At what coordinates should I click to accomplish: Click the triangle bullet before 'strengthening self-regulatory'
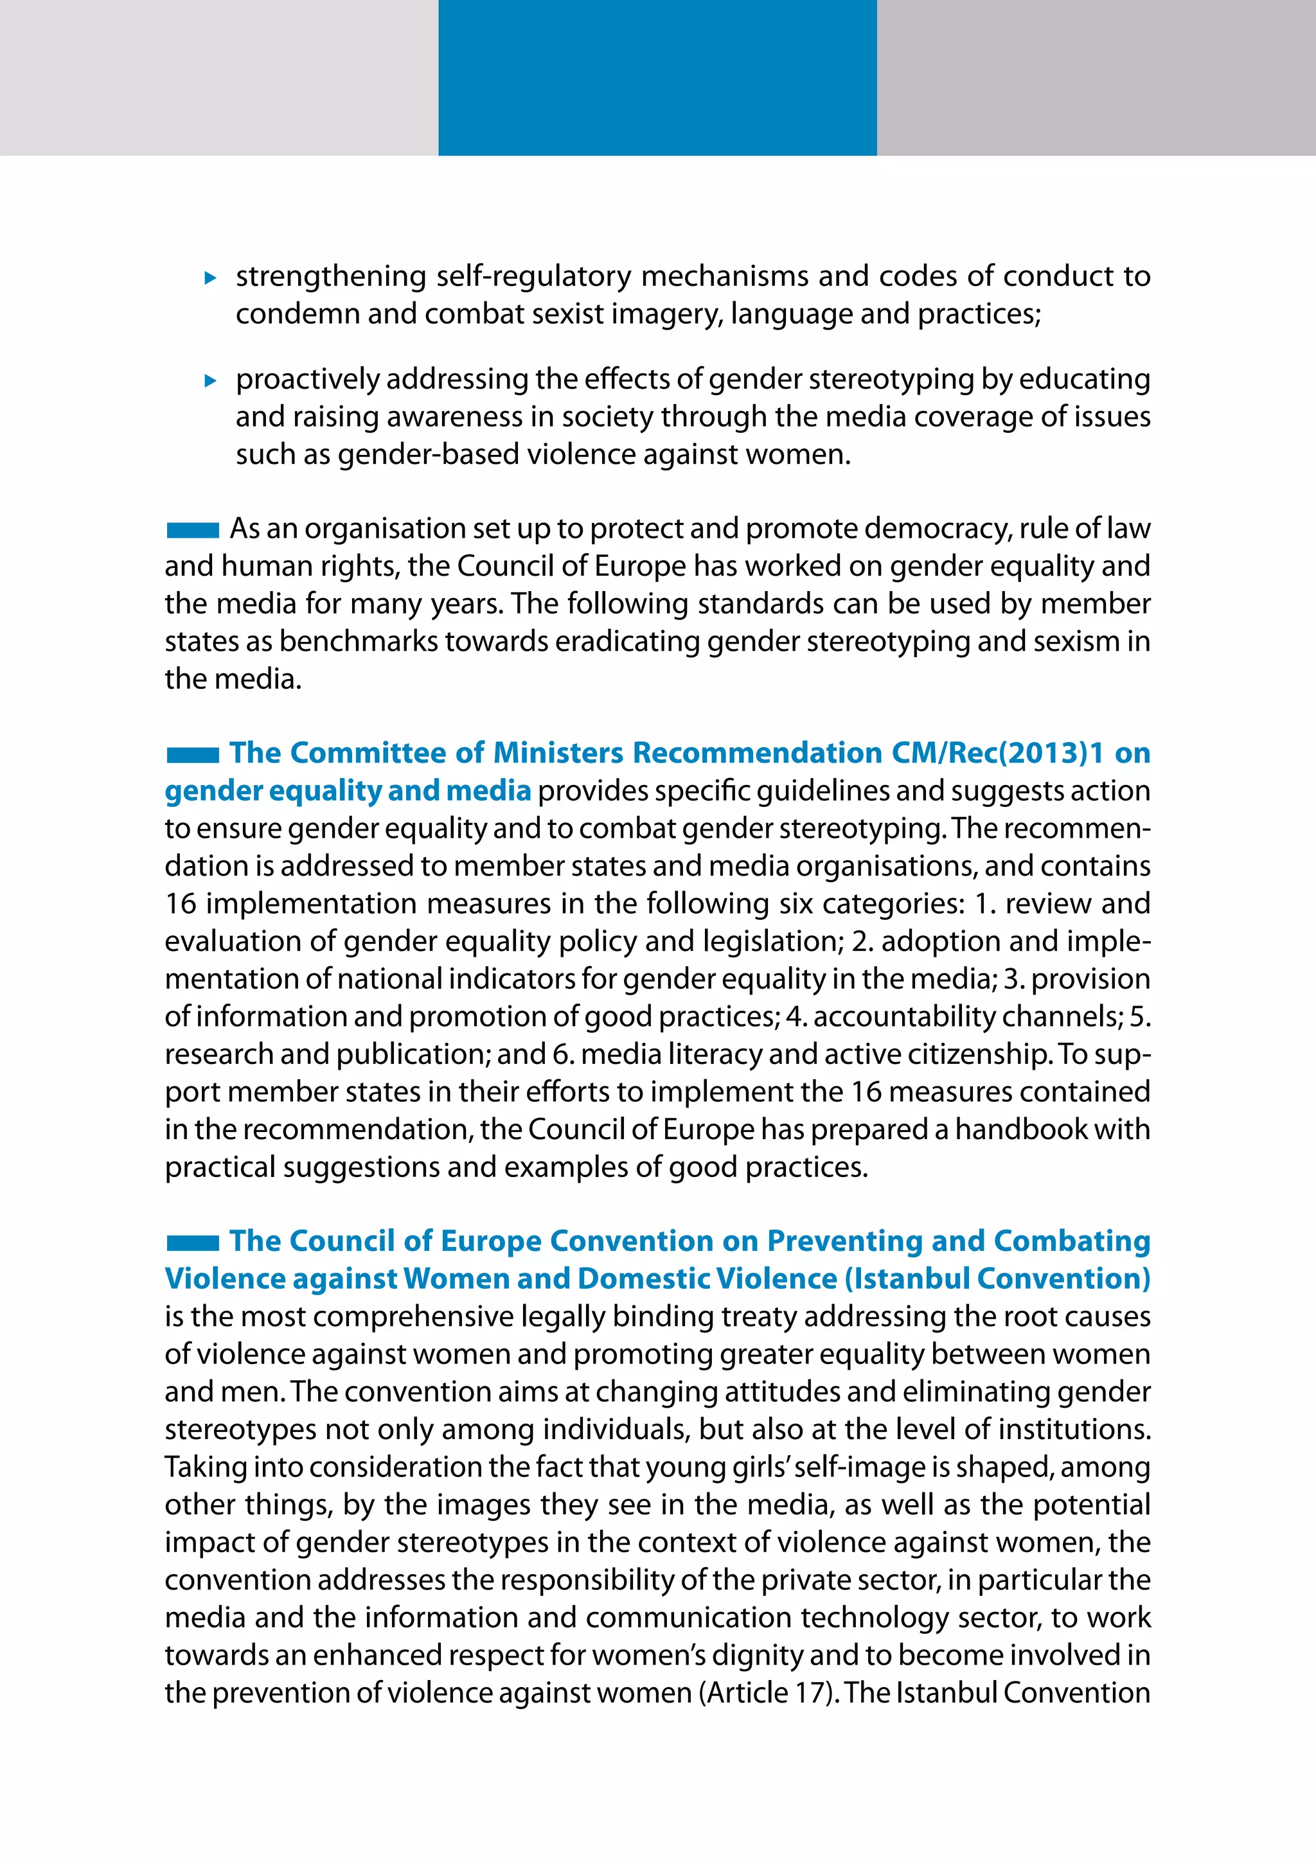211,278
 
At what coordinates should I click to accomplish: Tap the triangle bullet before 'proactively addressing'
211,380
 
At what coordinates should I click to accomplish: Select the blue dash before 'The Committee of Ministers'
193,756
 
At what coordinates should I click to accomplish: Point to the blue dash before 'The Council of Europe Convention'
193,1243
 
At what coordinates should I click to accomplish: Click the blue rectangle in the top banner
657,77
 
